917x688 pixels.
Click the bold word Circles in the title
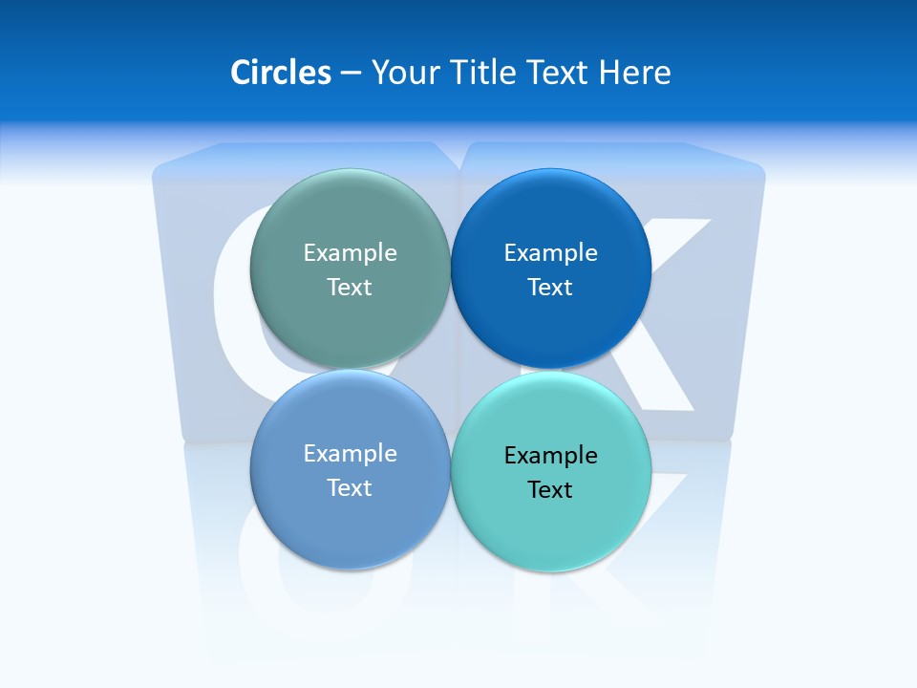pyautogui.click(x=281, y=73)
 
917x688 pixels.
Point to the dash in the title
pyautogui.click(x=351, y=74)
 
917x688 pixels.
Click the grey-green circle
pyautogui.click(x=350, y=220)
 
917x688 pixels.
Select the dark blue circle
pyautogui.click(x=551, y=220)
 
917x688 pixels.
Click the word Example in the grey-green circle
pyautogui.click(x=350, y=252)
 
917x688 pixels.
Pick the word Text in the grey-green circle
pyautogui.click(x=350, y=287)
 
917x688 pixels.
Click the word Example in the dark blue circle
pyautogui.click(x=551, y=252)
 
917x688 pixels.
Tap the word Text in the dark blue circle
pyautogui.click(x=551, y=287)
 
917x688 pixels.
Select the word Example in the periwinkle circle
pyautogui.click(x=350, y=453)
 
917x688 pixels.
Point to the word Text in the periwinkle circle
pyautogui.click(x=350, y=487)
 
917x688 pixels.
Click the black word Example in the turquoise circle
pyautogui.click(x=551, y=455)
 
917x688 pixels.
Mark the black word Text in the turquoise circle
pyautogui.click(x=551, y=489)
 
